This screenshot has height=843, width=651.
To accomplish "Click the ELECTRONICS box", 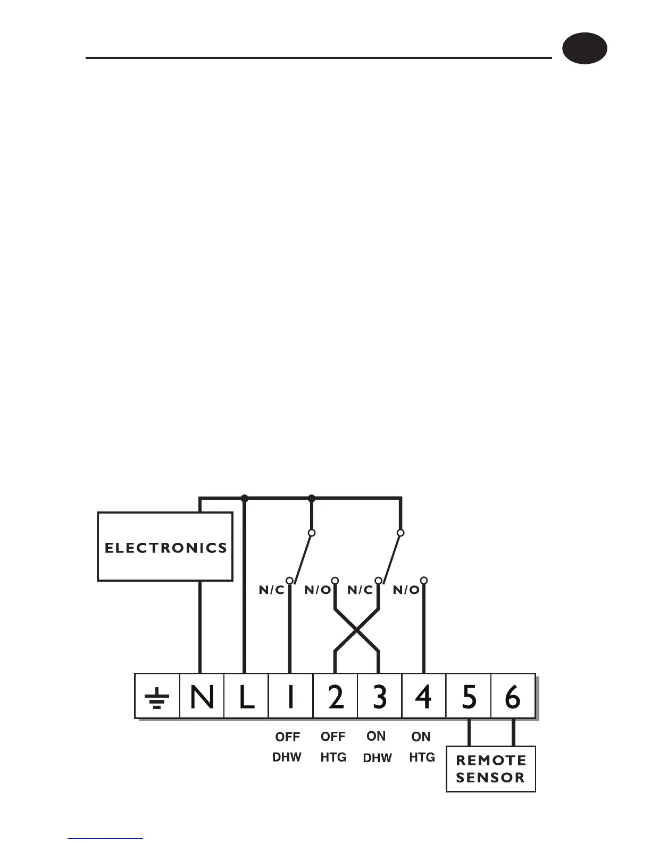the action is point(165,547).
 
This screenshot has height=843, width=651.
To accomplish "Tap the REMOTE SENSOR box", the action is point(490,768).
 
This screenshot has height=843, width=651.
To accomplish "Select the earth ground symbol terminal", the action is point(157,697).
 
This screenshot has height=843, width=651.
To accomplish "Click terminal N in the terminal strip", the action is point(202,697).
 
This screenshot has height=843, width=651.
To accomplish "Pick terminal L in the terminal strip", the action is point(246,697).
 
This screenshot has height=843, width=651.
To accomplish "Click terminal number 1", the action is point(290,697).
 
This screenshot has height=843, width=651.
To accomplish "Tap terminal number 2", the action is point(335,697).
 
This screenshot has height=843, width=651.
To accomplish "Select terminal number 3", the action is point(379,697).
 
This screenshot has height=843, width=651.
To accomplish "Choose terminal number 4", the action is point(424,697).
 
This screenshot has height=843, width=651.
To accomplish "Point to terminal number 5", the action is point(469,697).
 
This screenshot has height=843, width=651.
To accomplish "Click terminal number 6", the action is point(513,697).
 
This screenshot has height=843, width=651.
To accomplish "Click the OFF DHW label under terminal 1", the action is point(287,747).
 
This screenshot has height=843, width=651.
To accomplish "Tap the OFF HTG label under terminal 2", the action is point(333,747).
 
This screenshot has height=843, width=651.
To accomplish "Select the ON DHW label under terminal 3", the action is point(377,747).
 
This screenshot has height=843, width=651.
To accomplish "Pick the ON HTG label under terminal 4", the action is point(422,747).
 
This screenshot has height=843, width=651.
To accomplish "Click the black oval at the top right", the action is point(585,48).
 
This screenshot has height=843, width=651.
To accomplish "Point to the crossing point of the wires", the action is point(356,630).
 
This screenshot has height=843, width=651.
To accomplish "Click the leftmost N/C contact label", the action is point(271,590).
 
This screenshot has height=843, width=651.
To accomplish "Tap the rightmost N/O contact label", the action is point(406,590).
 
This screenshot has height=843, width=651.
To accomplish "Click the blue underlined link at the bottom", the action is point(105,838).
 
